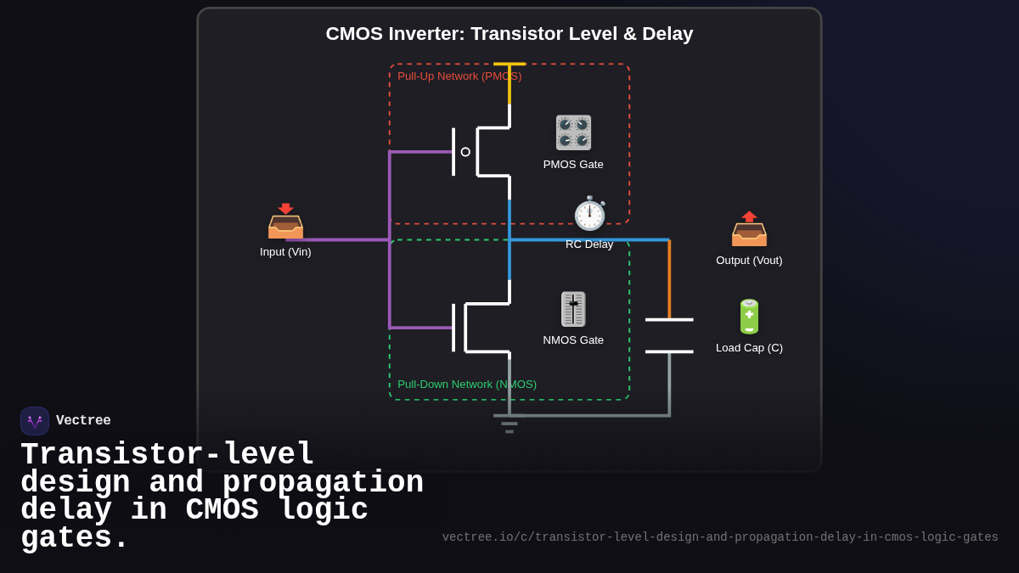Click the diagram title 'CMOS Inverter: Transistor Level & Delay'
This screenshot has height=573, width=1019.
point(509,34)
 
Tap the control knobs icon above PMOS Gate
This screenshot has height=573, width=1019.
point(573,132)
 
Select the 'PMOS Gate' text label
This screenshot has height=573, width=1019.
point(573,165)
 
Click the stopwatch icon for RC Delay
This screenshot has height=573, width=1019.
point(589,214)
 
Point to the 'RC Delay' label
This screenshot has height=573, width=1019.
point(589,244)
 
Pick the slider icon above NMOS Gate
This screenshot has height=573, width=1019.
point(573,309)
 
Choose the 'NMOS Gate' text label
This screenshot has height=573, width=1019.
point(573,340)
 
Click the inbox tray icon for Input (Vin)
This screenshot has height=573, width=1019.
point(285,222)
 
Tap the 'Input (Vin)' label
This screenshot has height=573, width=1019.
point(285,252)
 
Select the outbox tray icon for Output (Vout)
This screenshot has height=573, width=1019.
point(749,229)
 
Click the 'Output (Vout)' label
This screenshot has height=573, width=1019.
point(749,261)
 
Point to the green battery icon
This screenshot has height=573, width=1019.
point(749,317)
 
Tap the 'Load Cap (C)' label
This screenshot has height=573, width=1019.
point(749,348)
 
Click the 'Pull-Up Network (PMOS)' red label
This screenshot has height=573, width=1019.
point(459,76)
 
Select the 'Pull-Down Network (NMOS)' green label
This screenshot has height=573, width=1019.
point(467,385)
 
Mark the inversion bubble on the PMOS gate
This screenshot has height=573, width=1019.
point(465,152)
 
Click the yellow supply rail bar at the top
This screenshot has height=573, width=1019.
point(509,64)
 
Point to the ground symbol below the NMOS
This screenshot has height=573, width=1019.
point(509,423)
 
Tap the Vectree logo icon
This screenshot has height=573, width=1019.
point(35,421)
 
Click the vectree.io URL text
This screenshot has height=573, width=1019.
point(720,537)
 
